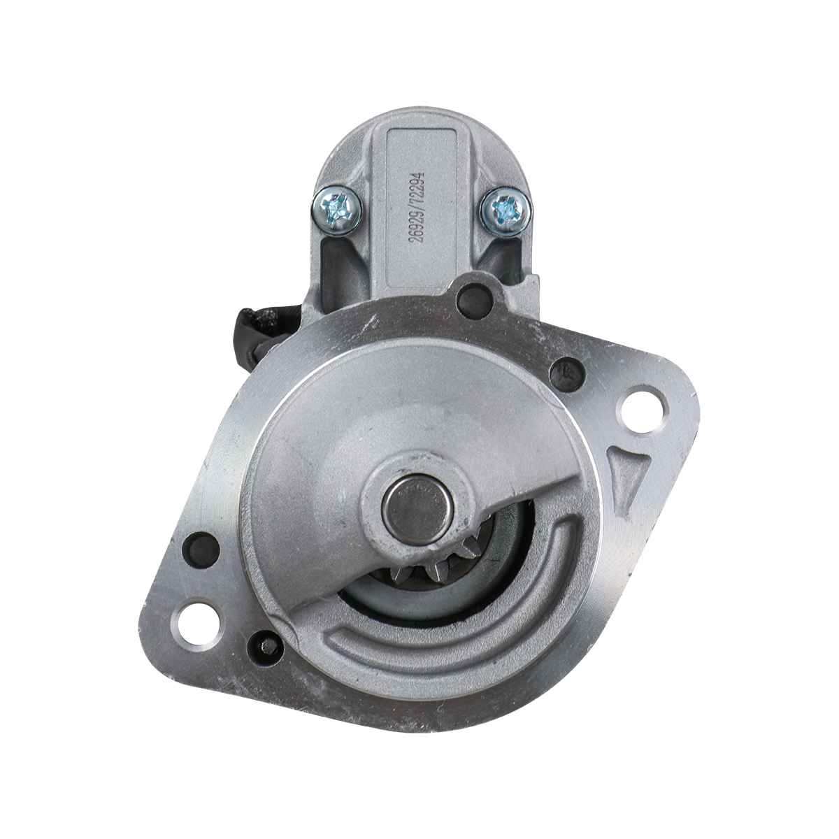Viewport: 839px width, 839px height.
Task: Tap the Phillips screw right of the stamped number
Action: pos(505,211)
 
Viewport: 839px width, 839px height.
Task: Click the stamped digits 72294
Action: pos(419,183)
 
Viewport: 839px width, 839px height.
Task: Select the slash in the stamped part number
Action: pos(419,206)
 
